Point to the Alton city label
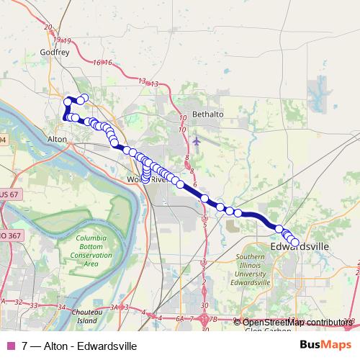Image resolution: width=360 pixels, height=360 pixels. (x=56, y=138)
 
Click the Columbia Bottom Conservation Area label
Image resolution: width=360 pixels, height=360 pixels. (x=91, y=251)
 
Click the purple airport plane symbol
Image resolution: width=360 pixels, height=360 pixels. (x=197, y=139)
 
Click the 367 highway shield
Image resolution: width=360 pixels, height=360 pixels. (x=10, y=235)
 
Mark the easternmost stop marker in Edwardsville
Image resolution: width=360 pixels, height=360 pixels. (x=294, y=242)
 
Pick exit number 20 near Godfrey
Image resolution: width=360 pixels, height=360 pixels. (x=48, y=27)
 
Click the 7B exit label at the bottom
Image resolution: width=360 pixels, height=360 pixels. (x=213, y=318)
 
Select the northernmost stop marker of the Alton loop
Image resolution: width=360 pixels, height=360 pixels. (x=84, y=98)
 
